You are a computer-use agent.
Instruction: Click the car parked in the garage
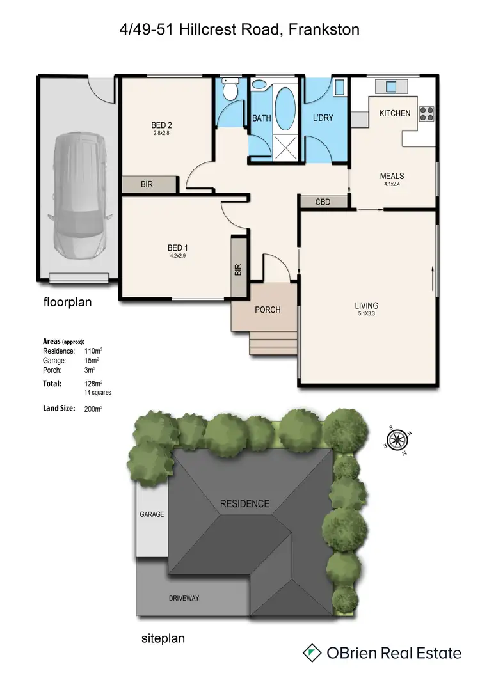[76, 195]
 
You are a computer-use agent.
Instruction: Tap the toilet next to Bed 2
[230, 89]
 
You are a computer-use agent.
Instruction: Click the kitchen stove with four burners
[426, 114]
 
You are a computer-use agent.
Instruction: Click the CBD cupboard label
[323, 201]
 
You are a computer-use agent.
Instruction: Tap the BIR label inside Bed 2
[147, 184]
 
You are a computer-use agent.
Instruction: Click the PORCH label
[268, 310]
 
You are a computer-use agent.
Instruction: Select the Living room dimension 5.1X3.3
[367, 314]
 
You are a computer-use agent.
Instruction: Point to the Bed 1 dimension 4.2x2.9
[177, 256]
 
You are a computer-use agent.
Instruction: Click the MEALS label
[392, 176]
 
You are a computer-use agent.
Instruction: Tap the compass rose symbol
[397, 439]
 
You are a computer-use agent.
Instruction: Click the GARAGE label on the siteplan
[152, 514]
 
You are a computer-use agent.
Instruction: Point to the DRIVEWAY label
[184, 598]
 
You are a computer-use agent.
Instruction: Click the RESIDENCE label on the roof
[244, 503]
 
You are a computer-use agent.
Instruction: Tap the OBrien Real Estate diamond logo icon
[312, 652]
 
